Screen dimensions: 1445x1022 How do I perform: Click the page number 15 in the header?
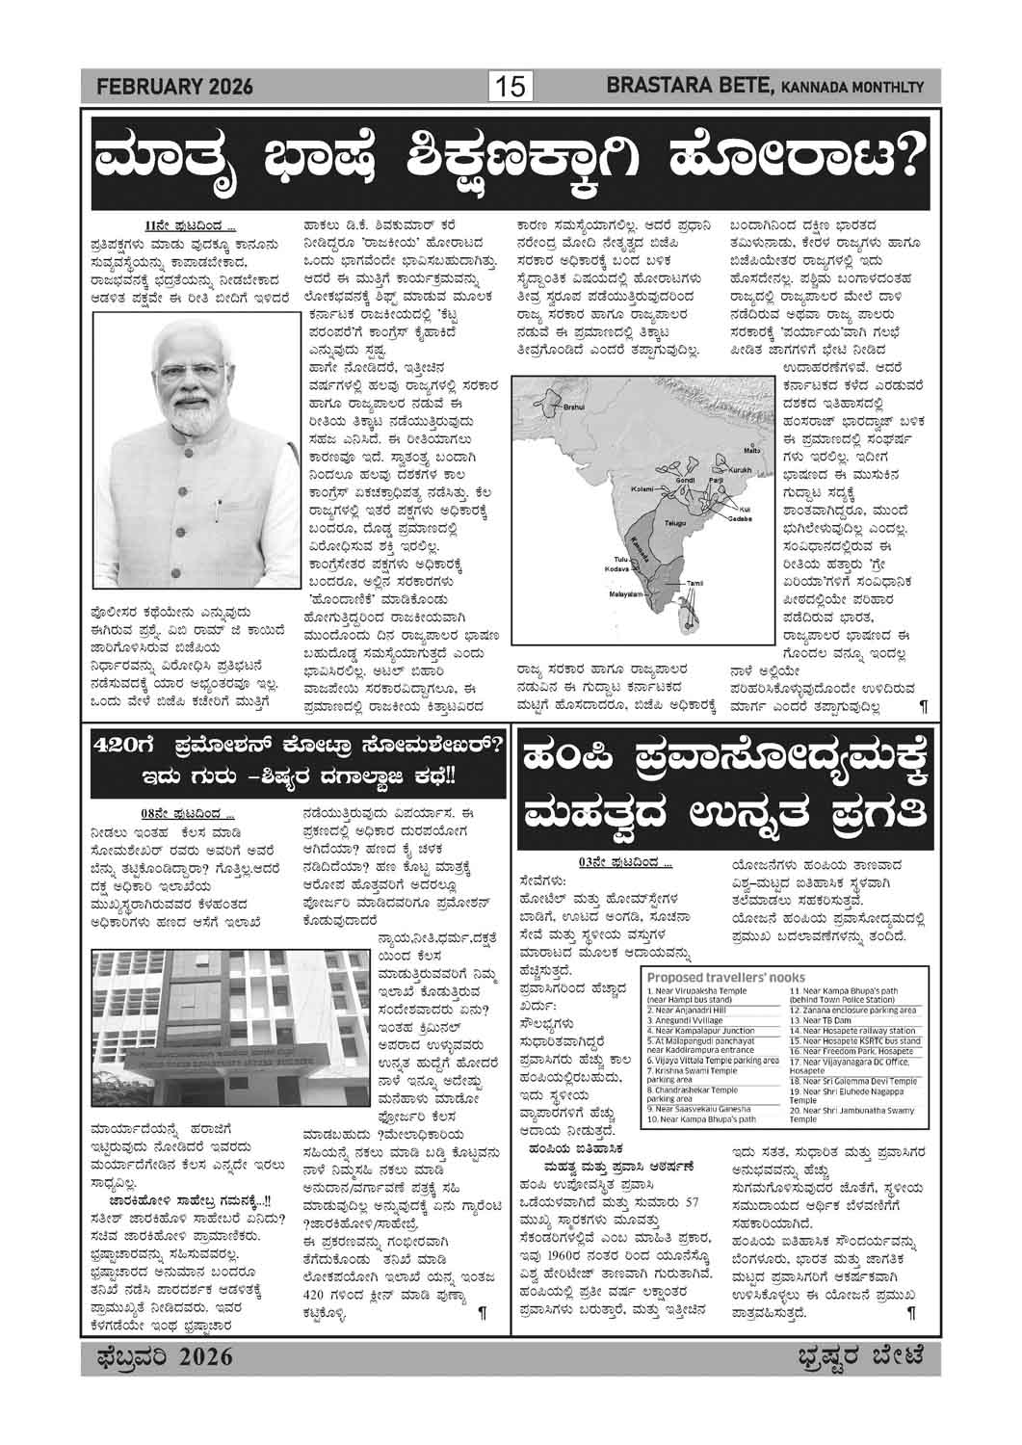[x=510, y=88]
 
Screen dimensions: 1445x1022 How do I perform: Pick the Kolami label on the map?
[x=641, y=489]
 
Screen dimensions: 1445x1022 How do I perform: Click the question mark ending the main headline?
[x=912, y=160]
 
